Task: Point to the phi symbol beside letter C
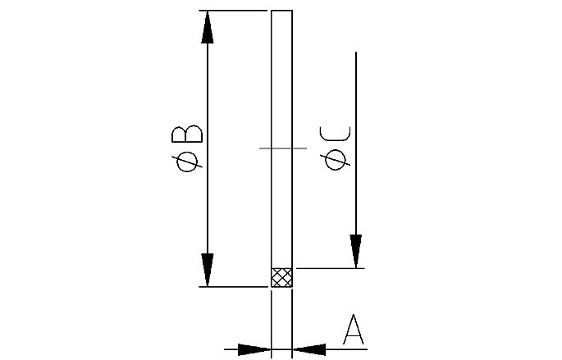336,160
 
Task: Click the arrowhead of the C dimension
355,250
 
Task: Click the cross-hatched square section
281,277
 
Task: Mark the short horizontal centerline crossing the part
282,148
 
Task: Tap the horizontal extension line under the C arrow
328,267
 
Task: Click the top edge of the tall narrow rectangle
281,11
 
